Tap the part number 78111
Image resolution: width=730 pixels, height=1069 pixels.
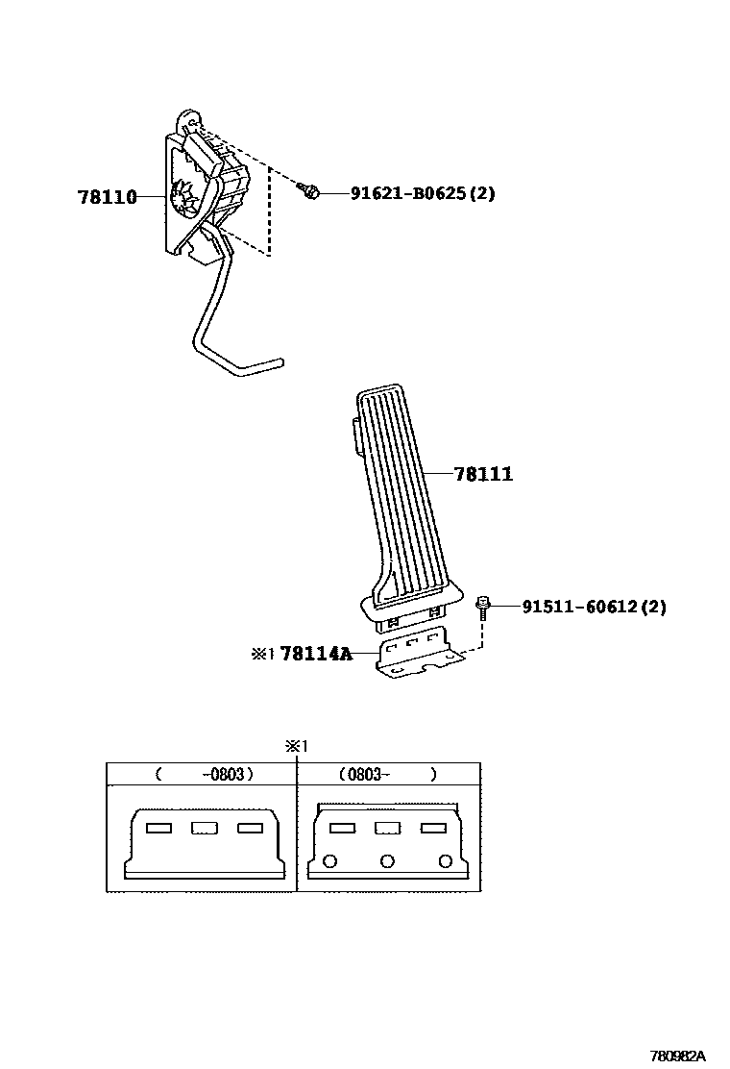483,474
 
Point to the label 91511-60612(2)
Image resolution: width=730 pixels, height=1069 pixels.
594,607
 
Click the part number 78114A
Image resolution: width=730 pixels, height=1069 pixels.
315,655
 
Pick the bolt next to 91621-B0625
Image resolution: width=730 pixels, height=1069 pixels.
310,192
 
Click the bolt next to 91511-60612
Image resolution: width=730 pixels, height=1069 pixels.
483,606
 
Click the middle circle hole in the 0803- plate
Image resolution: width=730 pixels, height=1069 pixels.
387,860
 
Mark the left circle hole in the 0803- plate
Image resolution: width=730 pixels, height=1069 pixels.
331,860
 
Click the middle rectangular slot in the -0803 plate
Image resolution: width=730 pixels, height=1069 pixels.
204,828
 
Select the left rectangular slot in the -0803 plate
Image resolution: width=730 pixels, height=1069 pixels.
158,828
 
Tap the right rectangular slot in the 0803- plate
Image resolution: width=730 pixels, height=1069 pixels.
433,828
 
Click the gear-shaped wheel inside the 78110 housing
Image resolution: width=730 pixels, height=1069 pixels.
180,200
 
